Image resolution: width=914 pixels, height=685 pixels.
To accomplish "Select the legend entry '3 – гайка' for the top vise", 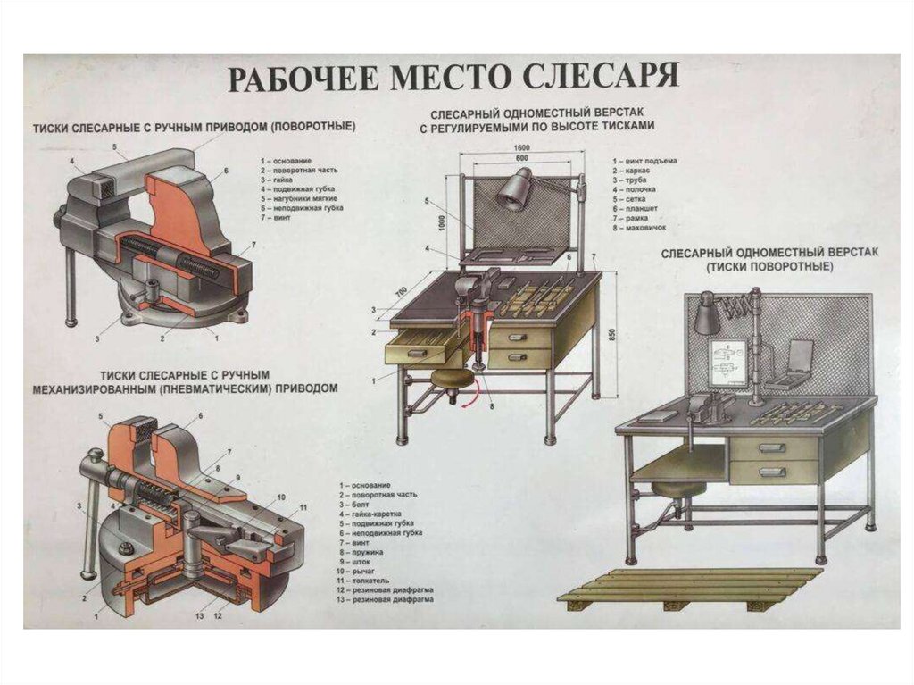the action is coord(278,180).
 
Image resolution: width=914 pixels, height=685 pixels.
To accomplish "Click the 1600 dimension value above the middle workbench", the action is coord(522,148).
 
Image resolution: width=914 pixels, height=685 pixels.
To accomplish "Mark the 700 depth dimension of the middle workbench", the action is coord(402,292).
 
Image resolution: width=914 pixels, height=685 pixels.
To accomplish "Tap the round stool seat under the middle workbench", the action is coord(452,380).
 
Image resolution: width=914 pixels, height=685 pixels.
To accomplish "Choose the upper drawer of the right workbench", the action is coord(773,448).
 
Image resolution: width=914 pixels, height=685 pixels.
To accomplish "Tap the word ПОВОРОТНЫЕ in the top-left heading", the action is coord(312,128).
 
